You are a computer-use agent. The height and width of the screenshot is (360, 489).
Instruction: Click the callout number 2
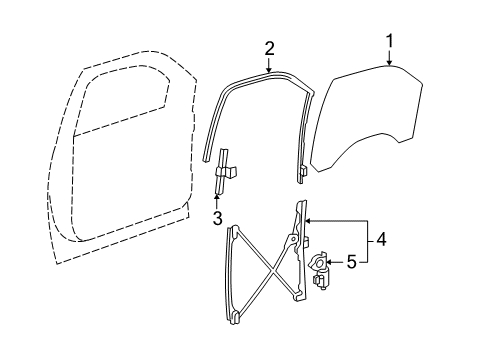pyautogui.click(x=269, y=47)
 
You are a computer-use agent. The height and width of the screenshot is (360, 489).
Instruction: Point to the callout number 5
pyautogui.click(x=351, y=264)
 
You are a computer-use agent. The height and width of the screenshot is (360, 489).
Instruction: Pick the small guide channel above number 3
pyautogui.click(x=225, y=171)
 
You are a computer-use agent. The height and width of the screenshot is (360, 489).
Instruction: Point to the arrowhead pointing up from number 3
pyautogui.click(x=217, y=193)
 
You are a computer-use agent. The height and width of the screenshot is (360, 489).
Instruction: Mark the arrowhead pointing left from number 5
pyautogui.click(x=330, y=264)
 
